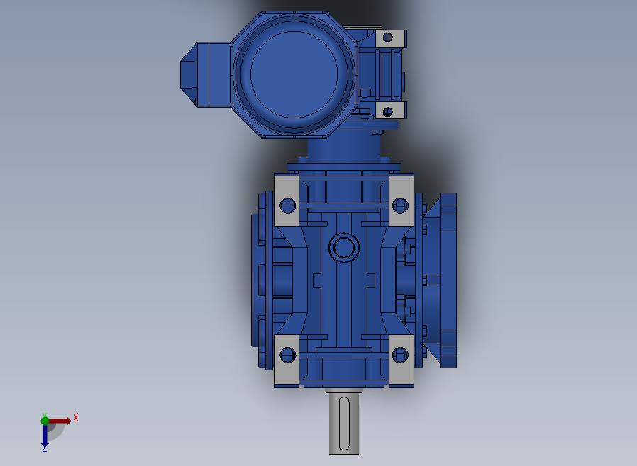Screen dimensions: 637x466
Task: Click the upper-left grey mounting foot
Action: [x=287, y=200]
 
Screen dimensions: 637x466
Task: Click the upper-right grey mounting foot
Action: [x=401, y=200]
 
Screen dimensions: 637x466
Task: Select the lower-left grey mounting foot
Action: [x=287, y=360]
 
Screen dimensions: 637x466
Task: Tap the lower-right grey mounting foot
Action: [x=401, y=360]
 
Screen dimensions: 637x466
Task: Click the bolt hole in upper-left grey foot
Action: [x=288, y=205]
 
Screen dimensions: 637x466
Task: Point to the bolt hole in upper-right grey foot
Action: [x=400, y=205]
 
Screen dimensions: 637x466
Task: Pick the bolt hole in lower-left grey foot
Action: [x=288, y=355]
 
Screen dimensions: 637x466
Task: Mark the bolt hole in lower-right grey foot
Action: [x=400, y=355]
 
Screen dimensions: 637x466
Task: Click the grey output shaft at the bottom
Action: [x=344, y=423]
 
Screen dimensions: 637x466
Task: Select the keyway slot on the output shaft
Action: [x=344, y=424]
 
